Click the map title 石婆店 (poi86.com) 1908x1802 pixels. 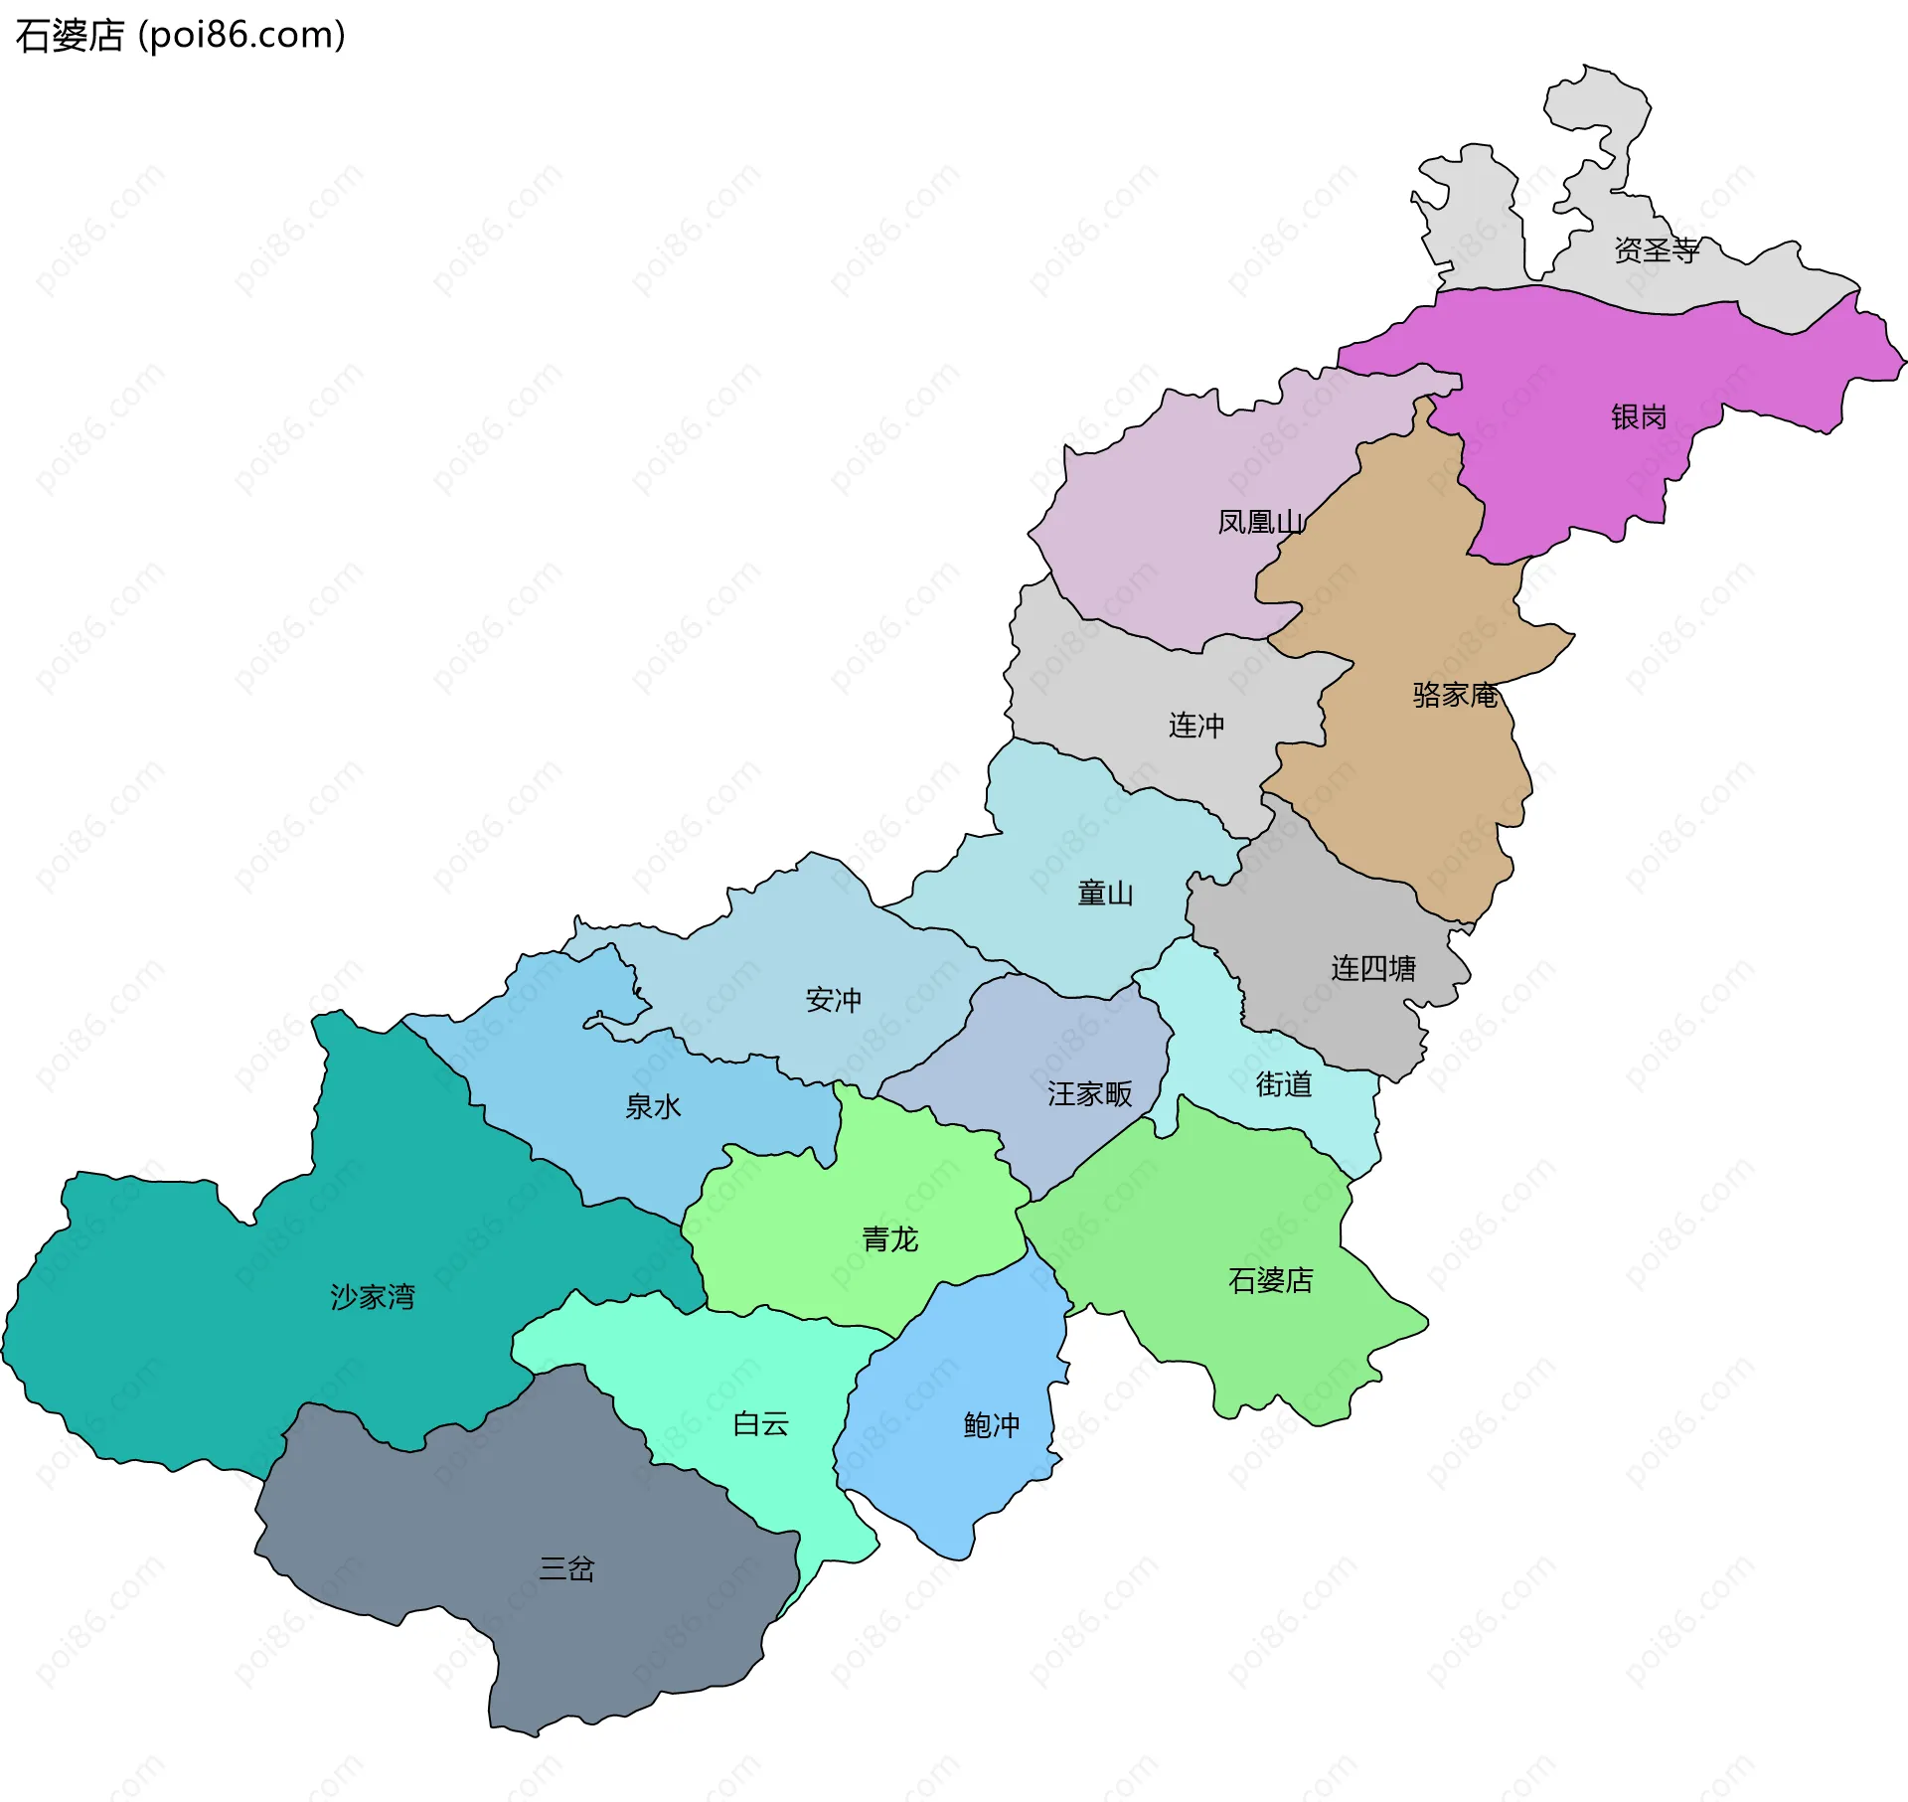click(180, 35)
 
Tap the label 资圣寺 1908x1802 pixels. click(1656, 250)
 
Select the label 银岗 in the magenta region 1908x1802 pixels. click(1638, 416)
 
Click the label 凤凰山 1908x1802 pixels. click(1260, 522)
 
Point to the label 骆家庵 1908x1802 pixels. click(1454, 695)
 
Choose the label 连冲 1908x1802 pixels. click(1195, 726)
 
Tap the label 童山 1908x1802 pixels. click(1105, 894)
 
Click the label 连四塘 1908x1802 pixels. click(1372, 968)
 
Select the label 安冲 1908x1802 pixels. click(833, 1000)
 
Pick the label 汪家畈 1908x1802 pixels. click(1089, 1094)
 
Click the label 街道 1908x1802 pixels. click(1283, 1083)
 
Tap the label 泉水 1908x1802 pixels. click(652, 1106)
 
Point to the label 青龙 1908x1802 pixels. click(889, 1239)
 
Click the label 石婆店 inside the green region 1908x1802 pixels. click(1270, 1280)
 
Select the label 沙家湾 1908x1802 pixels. click(372, 1297)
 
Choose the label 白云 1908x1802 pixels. click(760, 1424)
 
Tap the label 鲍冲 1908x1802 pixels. click(991, 1425)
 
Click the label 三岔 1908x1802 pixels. click(566, 1569)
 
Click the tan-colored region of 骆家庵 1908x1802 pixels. click(1411, 795)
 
